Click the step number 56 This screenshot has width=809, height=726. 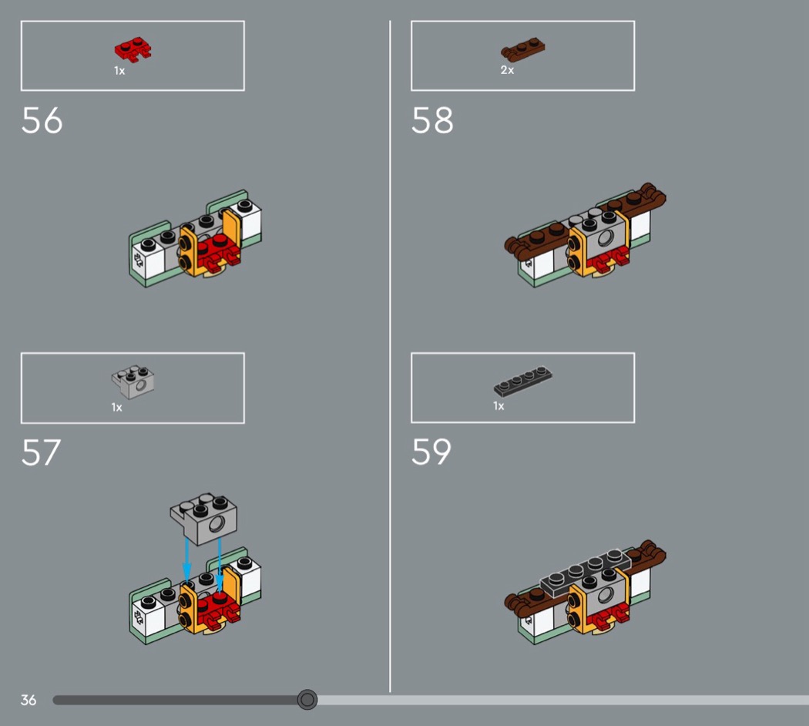tap(42, 121)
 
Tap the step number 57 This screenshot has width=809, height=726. tap(42, 452)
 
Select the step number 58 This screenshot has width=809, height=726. tap(432, 121)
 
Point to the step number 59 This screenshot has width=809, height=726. tap(431, 452)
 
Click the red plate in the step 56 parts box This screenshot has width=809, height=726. tap(133, 49)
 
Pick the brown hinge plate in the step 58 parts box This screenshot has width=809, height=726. tap(522, 49)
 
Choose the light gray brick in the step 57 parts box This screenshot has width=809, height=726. tap(133, 382)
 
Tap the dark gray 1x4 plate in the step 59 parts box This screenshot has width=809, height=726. tap(522, 381)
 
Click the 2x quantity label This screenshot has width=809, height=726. tap(507, 70)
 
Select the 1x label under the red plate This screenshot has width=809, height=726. tap(119, 71)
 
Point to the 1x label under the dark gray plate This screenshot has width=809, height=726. tap(498, 406)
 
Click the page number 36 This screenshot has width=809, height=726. tap(29, 701)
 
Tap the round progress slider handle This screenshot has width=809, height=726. tap(307, 700)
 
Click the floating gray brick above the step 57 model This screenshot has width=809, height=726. tap(204, 518)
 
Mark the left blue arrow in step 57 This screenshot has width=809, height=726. tap(186, 561)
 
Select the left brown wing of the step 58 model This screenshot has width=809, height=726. tap(536, 242)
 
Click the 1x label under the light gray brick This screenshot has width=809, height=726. tap(117, 408)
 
